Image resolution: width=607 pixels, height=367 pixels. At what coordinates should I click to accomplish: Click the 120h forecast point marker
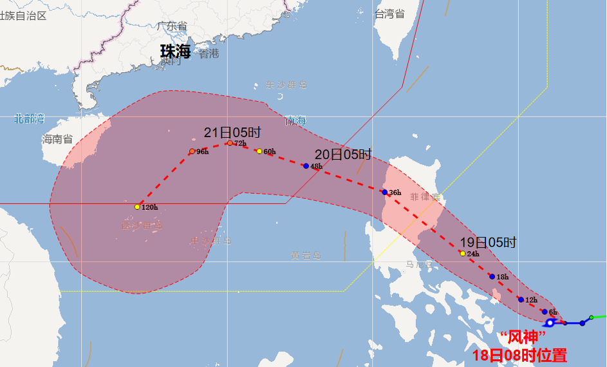pyautogui.click(x=137, y=207)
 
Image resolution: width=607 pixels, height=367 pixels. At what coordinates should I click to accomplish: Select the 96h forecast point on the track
pyautogui.click(x=192, y=151)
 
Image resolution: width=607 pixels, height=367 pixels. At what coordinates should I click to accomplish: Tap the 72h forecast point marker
pyautogui.click(x=230, y=143)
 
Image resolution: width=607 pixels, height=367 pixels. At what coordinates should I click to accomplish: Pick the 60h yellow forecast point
pyautogui.click(x=259, y=151)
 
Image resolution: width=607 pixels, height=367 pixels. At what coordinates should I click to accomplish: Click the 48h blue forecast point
pyautogui.click(x=306, y=166)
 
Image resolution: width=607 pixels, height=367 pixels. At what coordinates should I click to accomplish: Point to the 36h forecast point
pyautogui.click(x=384, y=192)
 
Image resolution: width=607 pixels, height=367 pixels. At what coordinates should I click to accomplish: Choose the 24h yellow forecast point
pyautogui.click(x=462, y=253)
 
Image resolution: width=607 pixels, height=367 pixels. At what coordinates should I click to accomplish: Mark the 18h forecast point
pyautogui.click(x=492, y=277)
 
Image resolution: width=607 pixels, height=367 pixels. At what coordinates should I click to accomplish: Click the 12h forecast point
pyautogui.click(x=521, y=299)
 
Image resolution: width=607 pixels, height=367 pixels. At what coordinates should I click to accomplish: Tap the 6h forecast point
pyautogui.click(x=544, y=312)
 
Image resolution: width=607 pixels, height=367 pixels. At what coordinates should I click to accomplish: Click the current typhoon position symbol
pyautogui.click(x=550, y=323)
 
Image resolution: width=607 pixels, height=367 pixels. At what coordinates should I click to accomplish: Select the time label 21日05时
pyautogui.click(x=232, y=133)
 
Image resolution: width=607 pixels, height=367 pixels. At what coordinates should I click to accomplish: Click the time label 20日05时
pyautogui.click(x=343, y=155)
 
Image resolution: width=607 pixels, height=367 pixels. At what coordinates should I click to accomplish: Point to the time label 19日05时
pyautogui.click(x=489, y=243)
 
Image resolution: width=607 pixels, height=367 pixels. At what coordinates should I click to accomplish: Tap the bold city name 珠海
pyautogui.click(x=176, y=52)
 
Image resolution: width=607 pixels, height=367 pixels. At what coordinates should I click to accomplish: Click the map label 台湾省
pyautogui.click(x=390, y=14)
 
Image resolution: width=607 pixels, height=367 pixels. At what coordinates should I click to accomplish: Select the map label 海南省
pyautogui.click(x=57, y=139)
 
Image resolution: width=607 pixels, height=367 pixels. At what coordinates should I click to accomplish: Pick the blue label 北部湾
pyautogui.click(x=30, y=118)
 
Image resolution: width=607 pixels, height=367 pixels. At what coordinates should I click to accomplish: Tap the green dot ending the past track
pyautogui.click(x=592, y=317)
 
